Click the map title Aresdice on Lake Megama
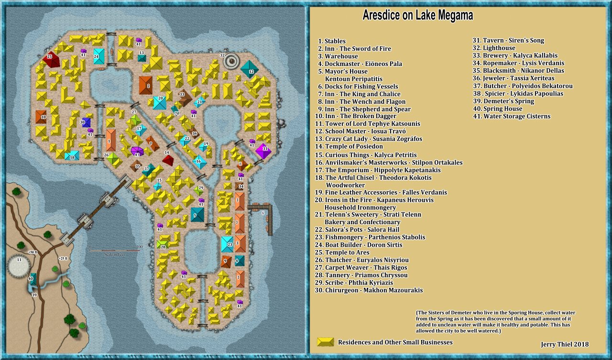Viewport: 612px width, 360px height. (417, 16)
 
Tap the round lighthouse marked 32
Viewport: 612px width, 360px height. (232, 60)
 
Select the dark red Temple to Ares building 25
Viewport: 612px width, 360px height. (51, 60)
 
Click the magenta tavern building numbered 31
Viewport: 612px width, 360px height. (262, 151)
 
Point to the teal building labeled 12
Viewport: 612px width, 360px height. (250, 70)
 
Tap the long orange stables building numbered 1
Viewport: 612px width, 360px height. (111, 140)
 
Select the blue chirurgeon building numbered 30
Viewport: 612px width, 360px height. (86, 122)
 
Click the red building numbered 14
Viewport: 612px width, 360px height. (167, 160)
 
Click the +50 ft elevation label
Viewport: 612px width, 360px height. (32, 252)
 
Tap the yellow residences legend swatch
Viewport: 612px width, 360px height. (326, 342)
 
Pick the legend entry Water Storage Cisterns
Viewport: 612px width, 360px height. (512, 116)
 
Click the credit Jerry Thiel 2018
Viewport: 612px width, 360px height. (564, 344)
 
